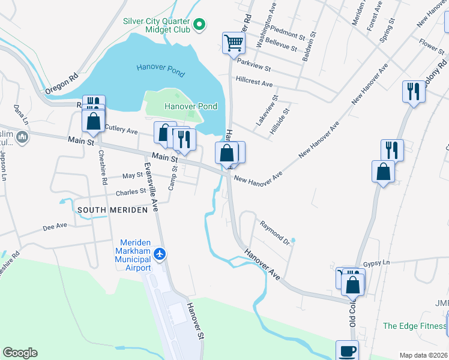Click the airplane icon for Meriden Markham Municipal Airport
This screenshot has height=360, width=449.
160,254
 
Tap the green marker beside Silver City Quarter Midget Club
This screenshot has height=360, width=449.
200,25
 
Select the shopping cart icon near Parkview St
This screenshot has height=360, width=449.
234,43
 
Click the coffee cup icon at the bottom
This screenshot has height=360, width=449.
346,351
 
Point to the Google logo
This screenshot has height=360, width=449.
20,353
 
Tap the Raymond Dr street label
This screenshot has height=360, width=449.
275,233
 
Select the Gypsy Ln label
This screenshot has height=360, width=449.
377,263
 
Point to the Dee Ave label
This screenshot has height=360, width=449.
55,227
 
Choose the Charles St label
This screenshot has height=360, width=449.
131,193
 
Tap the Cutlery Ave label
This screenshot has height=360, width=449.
121,128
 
